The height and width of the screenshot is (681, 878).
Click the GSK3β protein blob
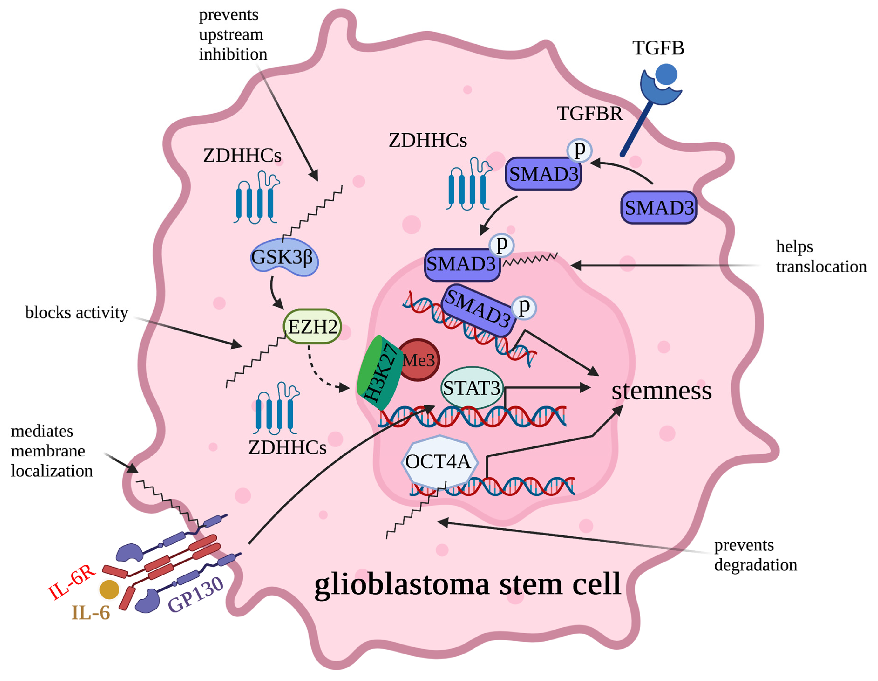pyautogui.click(x=284, y=257)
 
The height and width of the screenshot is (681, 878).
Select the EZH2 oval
pyautogui.click(x=312, y=327)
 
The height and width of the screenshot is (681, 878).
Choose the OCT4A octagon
pyautogui.click(x=439, y=462)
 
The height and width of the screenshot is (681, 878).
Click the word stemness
pyautogui.click(x=661, y=391)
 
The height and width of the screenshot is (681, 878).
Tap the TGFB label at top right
pyautogui.click(x=658, y=48)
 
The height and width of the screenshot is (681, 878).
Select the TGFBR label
pyautogui.click(x=589, y=114)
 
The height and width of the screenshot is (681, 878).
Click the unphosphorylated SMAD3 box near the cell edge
pyautogui.click(x=659, y=208)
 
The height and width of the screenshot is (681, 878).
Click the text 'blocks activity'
pyautogui.click(x=76, y=312)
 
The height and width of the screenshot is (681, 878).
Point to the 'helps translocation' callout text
pyautogui.click(x=820, y=256)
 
